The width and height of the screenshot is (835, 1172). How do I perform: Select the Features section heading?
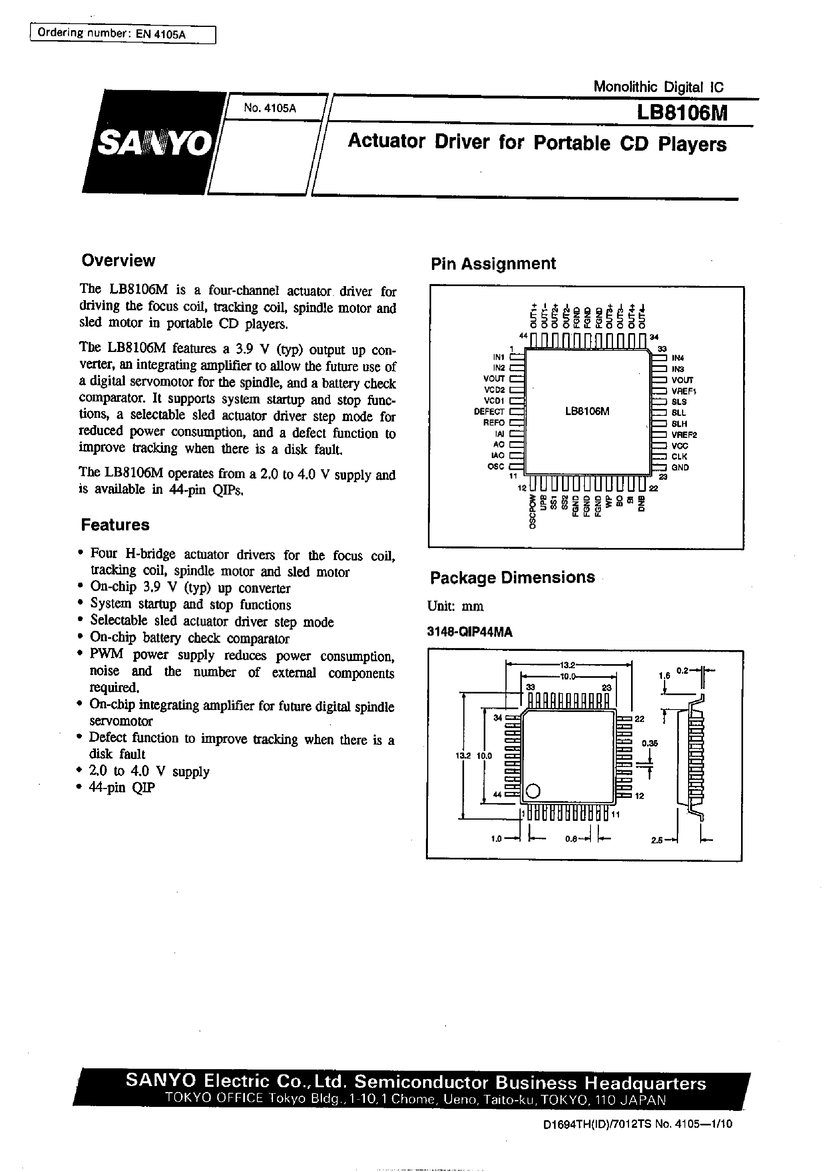115,525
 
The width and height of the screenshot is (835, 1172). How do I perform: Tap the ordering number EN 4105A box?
123,34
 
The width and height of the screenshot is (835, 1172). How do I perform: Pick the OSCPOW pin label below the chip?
533,511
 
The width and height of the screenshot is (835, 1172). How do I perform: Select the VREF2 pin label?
684,434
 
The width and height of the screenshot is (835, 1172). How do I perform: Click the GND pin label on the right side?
680,467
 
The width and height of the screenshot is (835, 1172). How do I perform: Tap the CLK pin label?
679,456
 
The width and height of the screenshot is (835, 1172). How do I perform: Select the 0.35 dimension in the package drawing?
650,743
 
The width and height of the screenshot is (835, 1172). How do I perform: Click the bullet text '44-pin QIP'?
122,787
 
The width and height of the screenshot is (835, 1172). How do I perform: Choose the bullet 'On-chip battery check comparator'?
189,638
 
